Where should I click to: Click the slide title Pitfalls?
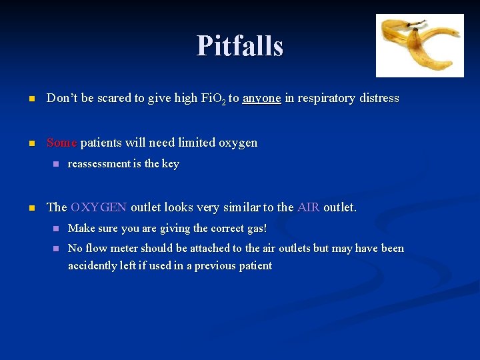pos(240,46)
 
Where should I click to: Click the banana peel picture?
pos(419,45)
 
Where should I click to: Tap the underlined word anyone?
pos(261,98)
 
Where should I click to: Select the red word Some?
pos(62,143)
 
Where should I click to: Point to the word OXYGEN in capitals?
pos(99,207)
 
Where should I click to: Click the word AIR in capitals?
pos(308,207)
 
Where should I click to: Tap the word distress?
pos(378,98)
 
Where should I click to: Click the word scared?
pos(113,98)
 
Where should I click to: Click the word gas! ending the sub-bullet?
pos(254,229)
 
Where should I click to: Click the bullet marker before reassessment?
pos(56,164)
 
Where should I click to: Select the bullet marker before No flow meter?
pos(56,249)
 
